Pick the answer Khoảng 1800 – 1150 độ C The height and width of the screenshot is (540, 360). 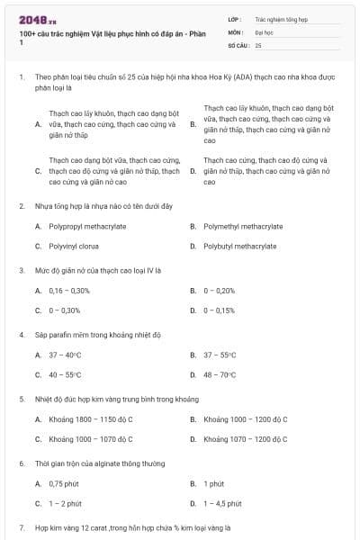click(x=91, y=419)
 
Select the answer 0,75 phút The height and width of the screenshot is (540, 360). click(x=64, y=484)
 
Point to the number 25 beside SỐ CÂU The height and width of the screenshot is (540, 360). click(x=258, y=44)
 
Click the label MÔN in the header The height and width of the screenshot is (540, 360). click(x=236, y=31)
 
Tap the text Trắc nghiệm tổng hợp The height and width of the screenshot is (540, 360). click(x=280, y=18)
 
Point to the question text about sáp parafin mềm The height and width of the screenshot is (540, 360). click(x=97, y=335)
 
